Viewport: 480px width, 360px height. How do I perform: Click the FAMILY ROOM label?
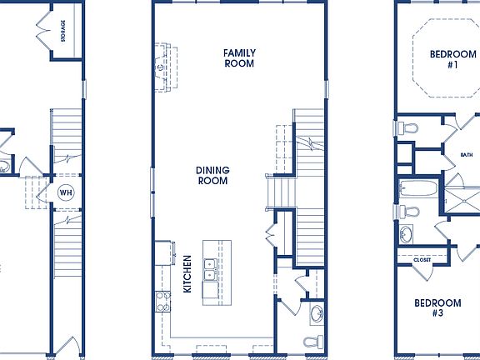(x=239, y=58)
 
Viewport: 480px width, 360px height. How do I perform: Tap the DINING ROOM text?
(x=212, y=175)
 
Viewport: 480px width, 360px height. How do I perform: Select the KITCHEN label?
(x=187, y=274)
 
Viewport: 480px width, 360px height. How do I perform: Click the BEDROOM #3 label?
(x=437, y=308)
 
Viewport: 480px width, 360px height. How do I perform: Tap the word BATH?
(x=466, y=154)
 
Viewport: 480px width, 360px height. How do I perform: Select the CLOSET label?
(x=422, y=260)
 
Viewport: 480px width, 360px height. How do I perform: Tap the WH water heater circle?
(x=66, y=192)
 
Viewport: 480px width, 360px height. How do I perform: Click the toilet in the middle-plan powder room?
(x=311, y=342)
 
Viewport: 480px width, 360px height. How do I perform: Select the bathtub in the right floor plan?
(x=416, y=189)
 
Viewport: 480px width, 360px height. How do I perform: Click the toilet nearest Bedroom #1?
(x=407, y=127)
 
